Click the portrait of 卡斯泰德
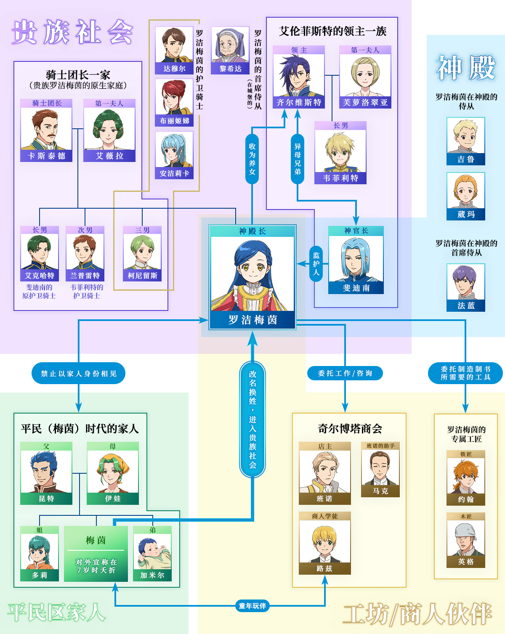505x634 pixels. [x=46, y=129]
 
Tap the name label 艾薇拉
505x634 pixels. [x=109, y=156]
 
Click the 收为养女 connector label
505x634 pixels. [x=252, y=159]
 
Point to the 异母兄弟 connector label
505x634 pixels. [x=298, y=159]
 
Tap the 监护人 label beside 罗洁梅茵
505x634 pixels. [x=316, y=264]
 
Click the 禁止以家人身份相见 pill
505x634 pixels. [x=79, y=373]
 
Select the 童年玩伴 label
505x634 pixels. [x=252, y=606]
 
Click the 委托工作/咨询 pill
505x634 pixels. [x=345, y=373]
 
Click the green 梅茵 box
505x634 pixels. [x=96, y=554]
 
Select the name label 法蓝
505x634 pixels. [x=466, y=306]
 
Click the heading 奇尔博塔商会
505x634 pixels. [x=350, y=429]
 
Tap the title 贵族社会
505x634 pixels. [x=72, y=32]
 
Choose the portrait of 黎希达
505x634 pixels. [x=230, y=45]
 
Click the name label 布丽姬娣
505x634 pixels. [x=174, y=121]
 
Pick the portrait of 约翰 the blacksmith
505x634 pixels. [x=466, y=475]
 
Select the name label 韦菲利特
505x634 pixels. [x=340, y=178]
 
